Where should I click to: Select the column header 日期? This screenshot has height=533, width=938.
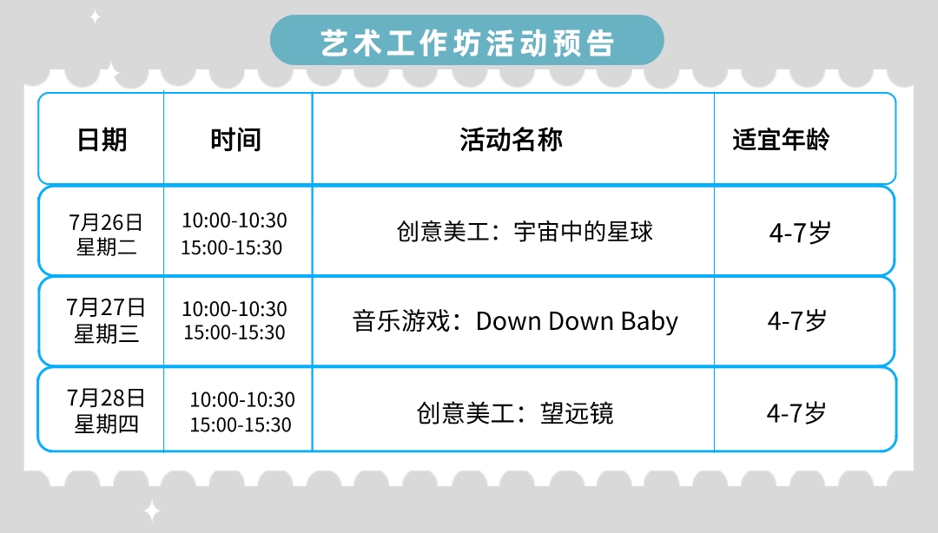point(102,140)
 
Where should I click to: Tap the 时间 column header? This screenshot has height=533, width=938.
point(235,140)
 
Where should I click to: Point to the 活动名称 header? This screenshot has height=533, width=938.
point(512,140)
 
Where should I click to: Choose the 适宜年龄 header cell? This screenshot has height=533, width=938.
point(781,140)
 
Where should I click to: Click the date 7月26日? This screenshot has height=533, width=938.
point(106,222)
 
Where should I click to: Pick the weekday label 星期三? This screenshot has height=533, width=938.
point(107,333)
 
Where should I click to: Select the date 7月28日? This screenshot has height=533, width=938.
point(106,398)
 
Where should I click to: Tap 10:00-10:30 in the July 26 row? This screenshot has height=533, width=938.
point(234,220)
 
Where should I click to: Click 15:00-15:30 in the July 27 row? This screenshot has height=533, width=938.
point(234,332)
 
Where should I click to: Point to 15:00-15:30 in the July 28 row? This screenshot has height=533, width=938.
point(241,424)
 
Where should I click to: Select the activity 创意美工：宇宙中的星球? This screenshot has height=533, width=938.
point(525,232)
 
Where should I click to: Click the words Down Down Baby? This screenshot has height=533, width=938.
point(578,321)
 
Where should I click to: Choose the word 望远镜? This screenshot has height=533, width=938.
point(578,413)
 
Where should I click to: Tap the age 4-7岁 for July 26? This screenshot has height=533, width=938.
point(800,233)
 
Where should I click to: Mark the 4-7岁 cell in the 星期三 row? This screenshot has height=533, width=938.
point(797,321)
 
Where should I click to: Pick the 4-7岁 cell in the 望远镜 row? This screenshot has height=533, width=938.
point(796,413)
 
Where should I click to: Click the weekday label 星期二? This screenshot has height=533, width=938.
point(107,247)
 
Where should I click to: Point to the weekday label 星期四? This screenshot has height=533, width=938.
point(107,424)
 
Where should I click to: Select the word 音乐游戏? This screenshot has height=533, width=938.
point(401,321)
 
